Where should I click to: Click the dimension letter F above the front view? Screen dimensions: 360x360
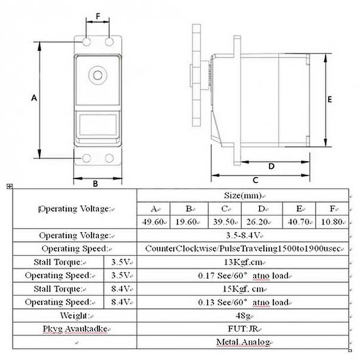[x=98, y=16]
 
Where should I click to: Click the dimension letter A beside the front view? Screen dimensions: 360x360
[x=34, y=98]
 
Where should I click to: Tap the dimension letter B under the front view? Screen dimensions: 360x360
[x=95, y=184]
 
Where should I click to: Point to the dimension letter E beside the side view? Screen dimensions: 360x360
[x=330, y=99]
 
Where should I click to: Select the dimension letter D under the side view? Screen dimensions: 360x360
[x=271, y=166]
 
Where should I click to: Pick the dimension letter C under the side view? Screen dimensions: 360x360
[x=255, y=180]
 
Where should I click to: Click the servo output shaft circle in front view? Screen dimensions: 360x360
[x=98, y=75]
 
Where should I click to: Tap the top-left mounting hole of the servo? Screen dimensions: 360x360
[x=86, y=42]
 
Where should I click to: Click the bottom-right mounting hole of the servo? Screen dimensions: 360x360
[x=109, y=158]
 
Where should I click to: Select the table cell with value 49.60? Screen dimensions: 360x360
[x=153, y=222]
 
